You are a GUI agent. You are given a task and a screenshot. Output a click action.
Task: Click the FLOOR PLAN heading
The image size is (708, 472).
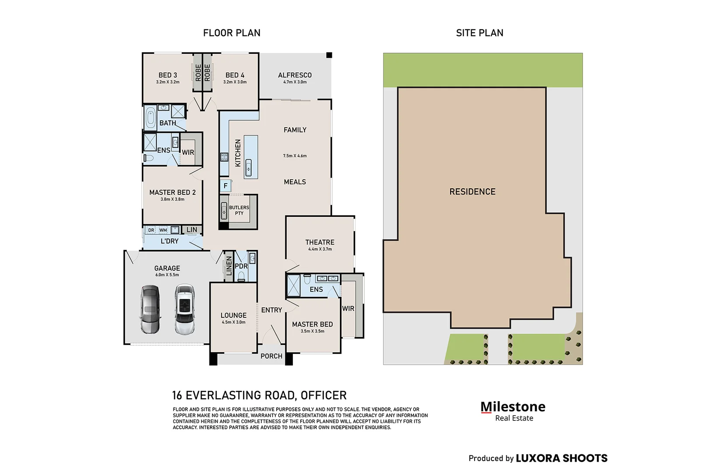(x=232, y=33)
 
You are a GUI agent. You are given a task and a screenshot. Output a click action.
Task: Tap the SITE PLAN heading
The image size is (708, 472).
(x=479, y=33)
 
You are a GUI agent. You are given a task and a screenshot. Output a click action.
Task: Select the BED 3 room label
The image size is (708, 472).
(x=168, y=75)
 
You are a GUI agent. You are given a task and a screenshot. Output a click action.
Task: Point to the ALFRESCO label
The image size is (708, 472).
(x=295, y=75)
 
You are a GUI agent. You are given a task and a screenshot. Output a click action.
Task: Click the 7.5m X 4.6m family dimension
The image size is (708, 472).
(x=295, y=156)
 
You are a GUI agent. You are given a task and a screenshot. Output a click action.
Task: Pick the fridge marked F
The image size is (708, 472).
(x=226, y=186)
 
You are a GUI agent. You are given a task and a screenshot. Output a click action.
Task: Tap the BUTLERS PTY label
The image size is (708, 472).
(x=239, y=210)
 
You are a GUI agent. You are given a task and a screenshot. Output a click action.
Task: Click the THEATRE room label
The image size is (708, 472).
(x=320, y=242)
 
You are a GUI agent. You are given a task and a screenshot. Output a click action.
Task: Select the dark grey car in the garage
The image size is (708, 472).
(x=150, y=309)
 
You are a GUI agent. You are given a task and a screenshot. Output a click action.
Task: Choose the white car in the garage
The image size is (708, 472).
(x=184, y=309)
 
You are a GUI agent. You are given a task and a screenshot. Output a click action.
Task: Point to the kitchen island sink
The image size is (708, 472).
(x=249, y=167)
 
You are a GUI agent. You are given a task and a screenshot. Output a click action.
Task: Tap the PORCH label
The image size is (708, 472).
(x=271, y=356)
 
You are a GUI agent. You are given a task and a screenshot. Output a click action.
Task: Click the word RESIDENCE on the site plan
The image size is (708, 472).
(x=472, y=191)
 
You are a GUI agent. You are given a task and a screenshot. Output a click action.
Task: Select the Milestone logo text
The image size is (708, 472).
(x=513, y=407)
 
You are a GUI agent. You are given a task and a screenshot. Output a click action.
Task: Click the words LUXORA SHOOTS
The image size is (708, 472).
(x=562, y=458)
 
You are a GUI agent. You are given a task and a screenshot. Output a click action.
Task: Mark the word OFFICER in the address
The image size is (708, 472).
(x=324, y=396)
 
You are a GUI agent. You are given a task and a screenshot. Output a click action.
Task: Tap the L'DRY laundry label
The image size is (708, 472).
(x=170, y=241)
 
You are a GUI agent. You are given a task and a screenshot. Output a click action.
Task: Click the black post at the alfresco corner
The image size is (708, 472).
(x=329, y=55)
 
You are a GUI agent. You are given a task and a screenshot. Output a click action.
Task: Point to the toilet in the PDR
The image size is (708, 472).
(x=241, y=277)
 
